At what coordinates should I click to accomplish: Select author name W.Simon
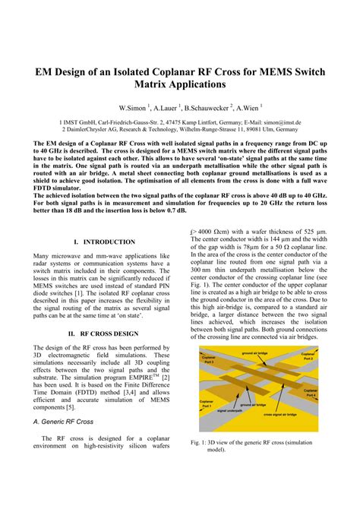pyautogui.click(x=134, y=108)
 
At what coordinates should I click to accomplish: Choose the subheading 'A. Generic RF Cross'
pyautogui.click(x=64, y=420)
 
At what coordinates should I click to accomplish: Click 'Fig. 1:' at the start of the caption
pyautogui.click(x=201, y=441)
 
